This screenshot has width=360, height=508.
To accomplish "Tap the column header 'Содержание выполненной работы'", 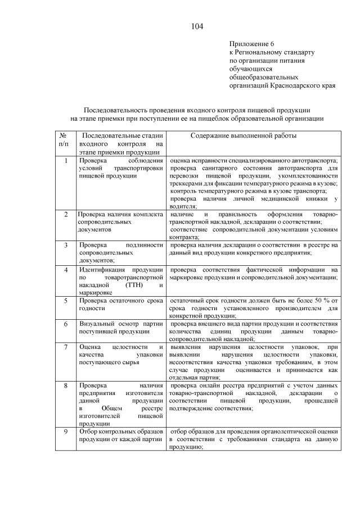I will [x=244, y=136].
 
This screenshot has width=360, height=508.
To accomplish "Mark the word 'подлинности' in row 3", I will [x=143, y=246].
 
